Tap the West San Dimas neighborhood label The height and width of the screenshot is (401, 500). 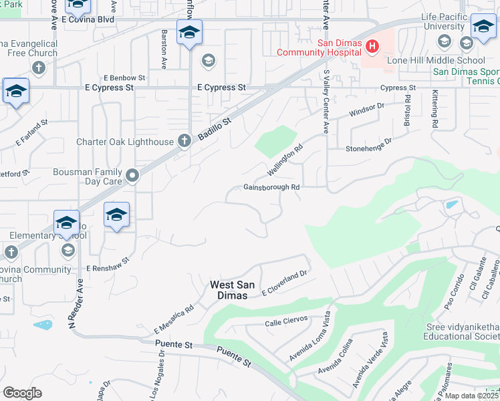[233, 289]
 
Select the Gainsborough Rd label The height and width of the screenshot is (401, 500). [271, 188]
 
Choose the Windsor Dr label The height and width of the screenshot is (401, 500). [367, 110]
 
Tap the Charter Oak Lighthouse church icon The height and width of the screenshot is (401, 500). [184, 140]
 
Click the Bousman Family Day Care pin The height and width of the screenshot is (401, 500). [133, 176]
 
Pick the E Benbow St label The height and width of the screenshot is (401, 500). [124, 78]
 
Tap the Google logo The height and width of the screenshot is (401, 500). [22, 393]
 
